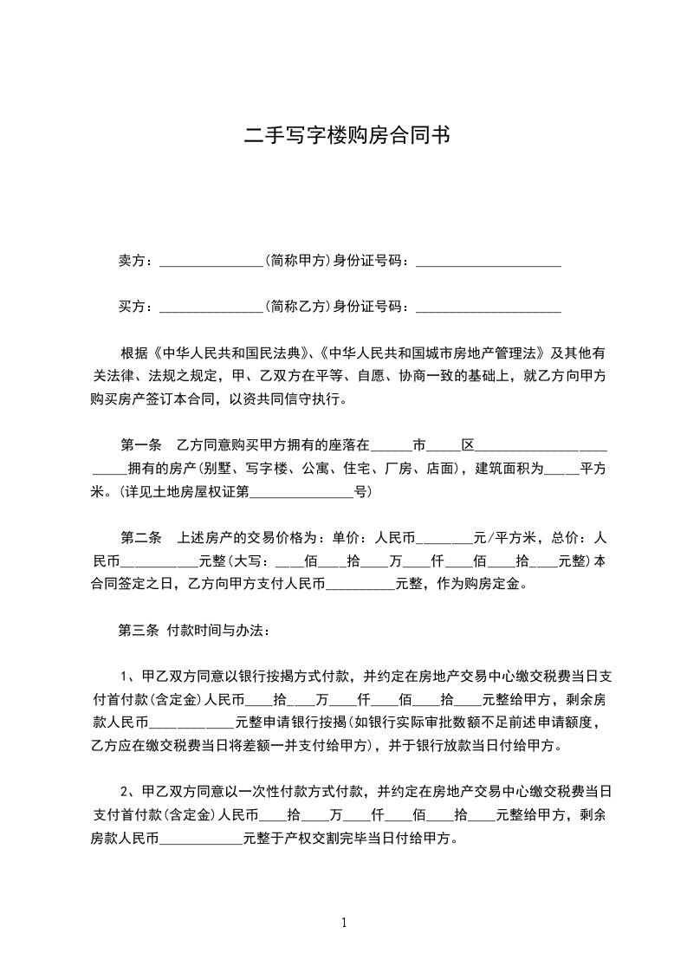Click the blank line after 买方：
tap(211, 307)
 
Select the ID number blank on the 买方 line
tap(489, 307)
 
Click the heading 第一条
tap(140, 446)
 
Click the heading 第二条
tap(140, 537)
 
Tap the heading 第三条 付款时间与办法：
tap(193, 630)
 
